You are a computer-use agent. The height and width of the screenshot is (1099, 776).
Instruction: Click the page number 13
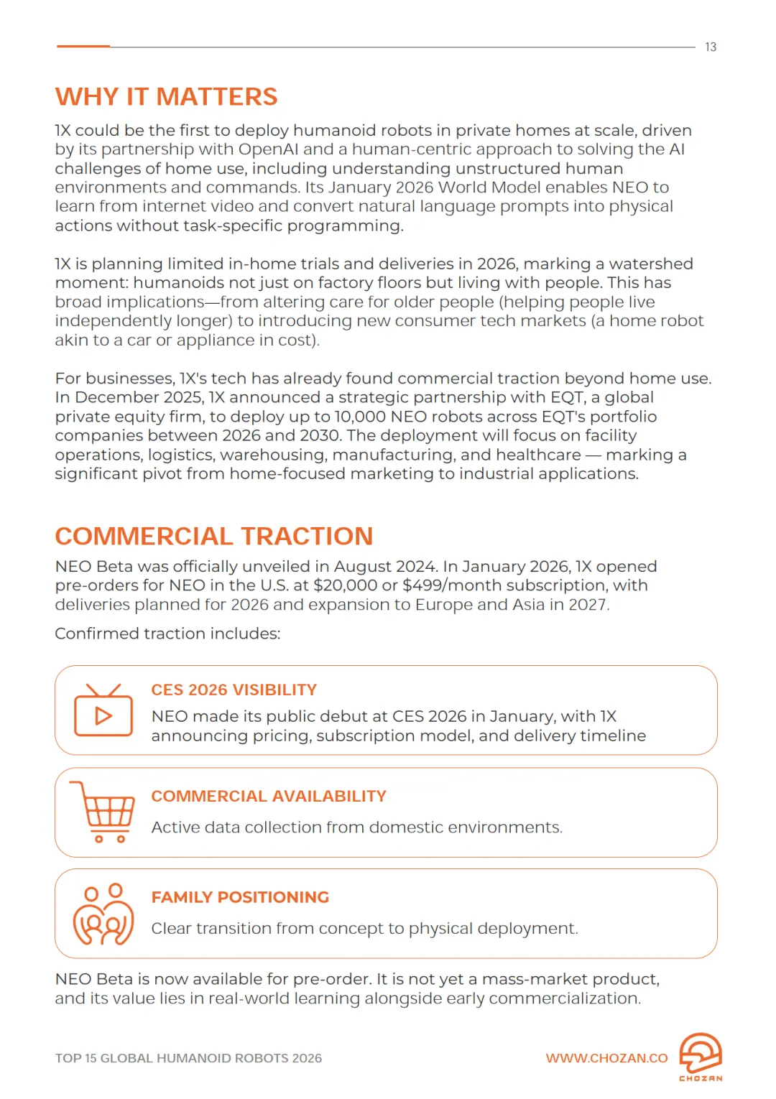(710, 47)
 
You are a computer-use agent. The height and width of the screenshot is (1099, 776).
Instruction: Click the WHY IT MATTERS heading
(166, 97)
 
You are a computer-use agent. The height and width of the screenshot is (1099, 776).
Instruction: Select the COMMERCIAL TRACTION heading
(213, 537)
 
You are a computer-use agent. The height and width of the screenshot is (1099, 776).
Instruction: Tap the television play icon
(103, 711)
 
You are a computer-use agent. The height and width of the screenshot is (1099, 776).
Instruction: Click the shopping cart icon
(103, 812)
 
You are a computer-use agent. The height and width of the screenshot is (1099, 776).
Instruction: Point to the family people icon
(103, 914)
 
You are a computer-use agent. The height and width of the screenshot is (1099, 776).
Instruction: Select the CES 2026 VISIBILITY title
(234, 690)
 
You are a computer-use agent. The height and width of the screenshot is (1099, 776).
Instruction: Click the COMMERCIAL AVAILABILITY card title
(269, 797)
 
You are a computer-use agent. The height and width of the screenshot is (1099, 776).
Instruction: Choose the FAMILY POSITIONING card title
(240, 898)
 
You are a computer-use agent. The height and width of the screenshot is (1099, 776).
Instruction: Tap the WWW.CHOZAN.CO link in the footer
(606, 1059)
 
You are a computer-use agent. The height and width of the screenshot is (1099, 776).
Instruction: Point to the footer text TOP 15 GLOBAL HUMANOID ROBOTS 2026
(188, 1059)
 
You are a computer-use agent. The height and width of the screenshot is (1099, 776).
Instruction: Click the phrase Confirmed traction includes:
(167, 634)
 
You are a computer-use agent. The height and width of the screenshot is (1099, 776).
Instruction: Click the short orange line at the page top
(83, 47)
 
